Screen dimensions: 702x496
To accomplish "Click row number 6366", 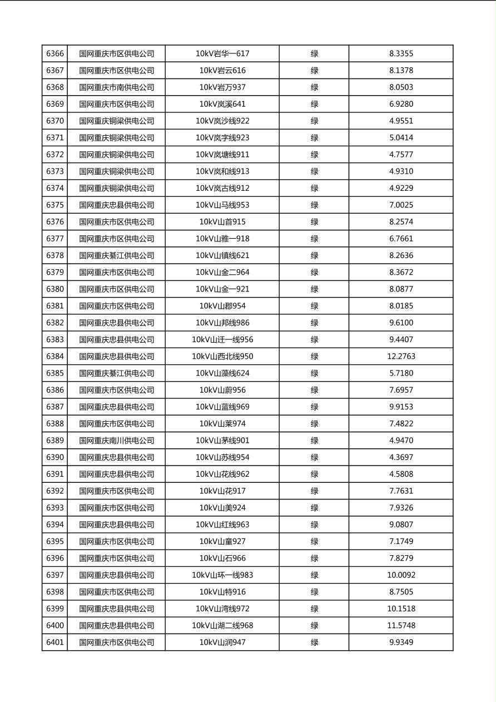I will (55, 54).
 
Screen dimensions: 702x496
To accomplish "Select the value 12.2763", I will (401, 357).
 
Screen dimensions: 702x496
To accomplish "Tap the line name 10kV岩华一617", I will (222, 54).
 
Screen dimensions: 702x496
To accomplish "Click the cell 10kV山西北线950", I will (222, 357).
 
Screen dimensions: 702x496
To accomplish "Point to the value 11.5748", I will (401, 626).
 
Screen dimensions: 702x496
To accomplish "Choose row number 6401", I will (55, 642).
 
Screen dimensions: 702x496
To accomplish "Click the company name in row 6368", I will (116, 87).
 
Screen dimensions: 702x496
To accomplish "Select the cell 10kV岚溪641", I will (222, 104).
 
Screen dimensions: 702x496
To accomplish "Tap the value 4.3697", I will (401, 457).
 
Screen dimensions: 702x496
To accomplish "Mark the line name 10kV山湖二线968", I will (222, 626).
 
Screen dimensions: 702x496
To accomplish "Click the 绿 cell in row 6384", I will (314, 357).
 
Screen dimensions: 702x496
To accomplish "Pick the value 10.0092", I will (401, 575).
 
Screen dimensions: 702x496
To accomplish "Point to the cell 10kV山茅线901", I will (222, 441).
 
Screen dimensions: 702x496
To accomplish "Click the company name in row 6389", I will (116, 441).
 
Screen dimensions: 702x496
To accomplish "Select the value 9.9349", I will (401, 642).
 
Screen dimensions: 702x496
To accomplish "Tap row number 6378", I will (55, 256).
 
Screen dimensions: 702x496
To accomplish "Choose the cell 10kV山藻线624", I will (222, 373).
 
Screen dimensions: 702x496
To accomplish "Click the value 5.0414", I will (401, 138).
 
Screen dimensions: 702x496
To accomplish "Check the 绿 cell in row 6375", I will (314, 205).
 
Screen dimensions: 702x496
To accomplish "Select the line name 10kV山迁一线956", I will (222, 340).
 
